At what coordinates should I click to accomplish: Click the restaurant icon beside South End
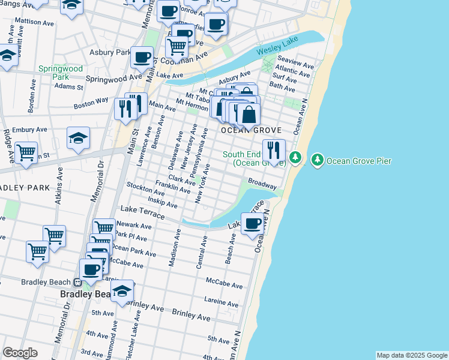274,151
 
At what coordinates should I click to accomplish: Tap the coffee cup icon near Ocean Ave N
252,224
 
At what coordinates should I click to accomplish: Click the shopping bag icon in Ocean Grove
248,114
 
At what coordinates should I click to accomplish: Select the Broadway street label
262,183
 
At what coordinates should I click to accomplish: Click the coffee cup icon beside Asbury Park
142,58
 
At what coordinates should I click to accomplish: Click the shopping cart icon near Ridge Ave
26,153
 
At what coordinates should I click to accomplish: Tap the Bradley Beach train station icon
78,283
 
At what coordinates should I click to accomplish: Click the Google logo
20,352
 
